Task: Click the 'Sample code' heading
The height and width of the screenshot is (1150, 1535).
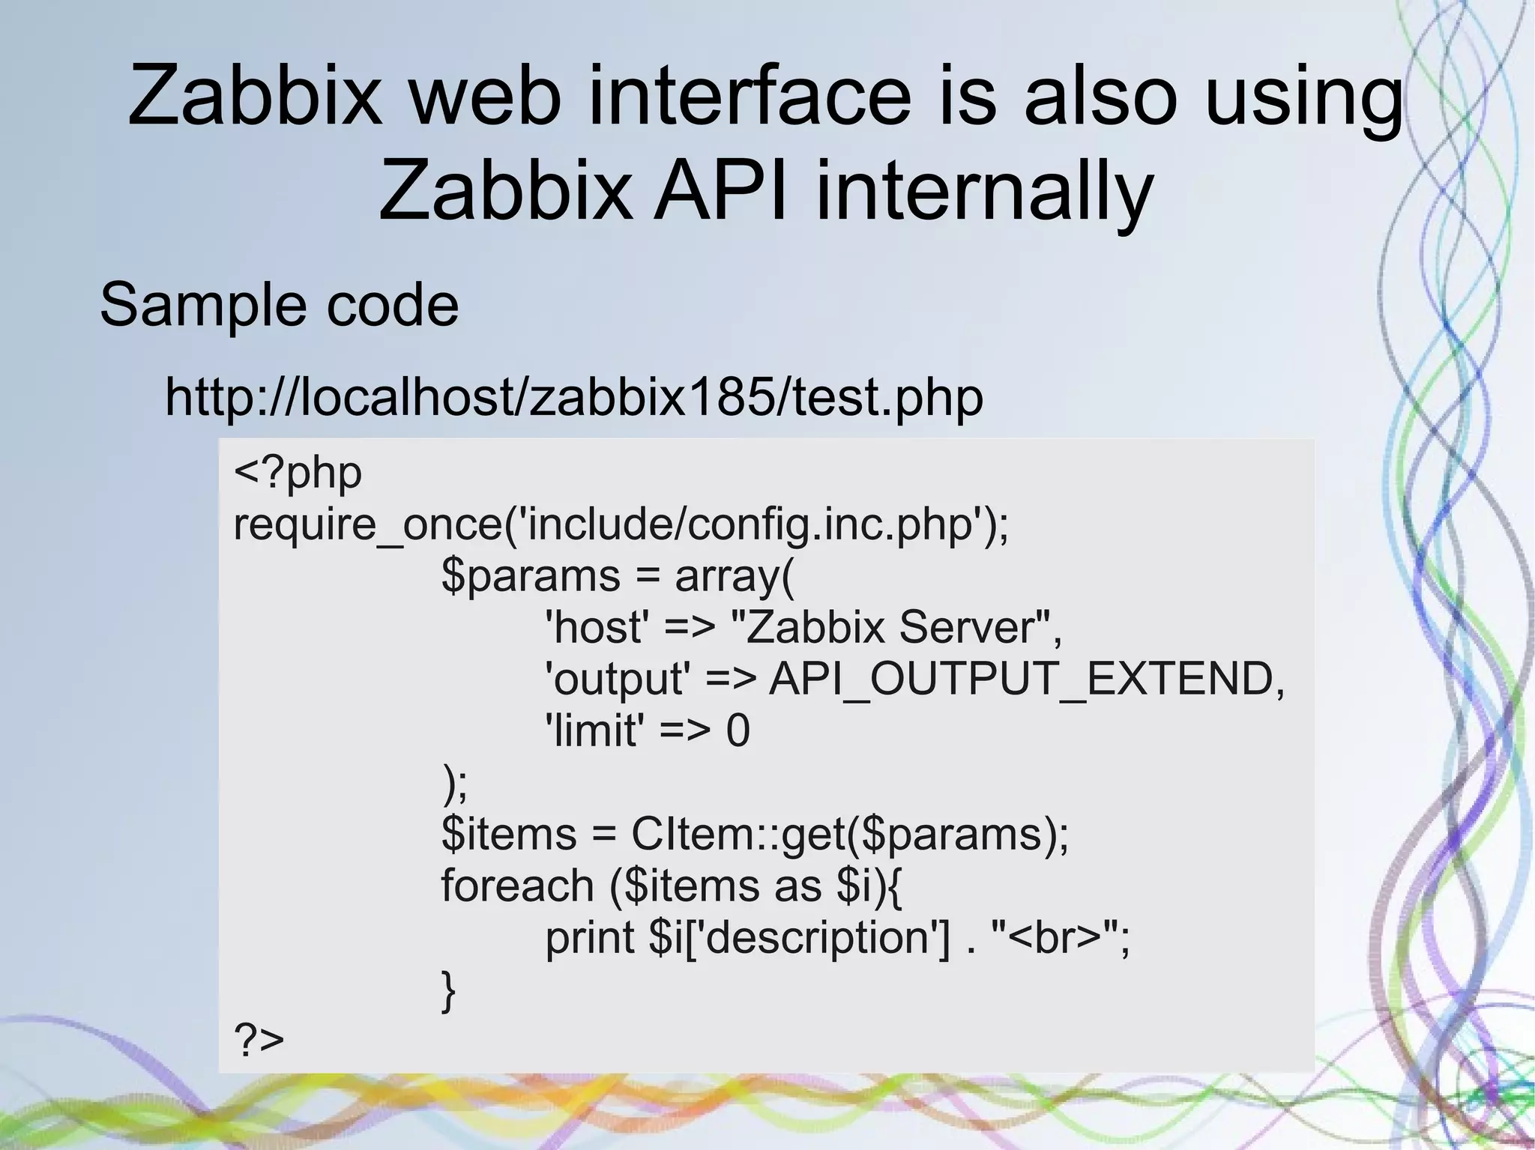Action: (x=279, y=305)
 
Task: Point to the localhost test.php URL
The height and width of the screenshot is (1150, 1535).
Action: (x=573, y=397)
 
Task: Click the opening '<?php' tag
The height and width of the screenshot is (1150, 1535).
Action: (x=298, y=473)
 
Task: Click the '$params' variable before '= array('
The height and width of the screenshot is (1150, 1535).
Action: (x=531, y=576)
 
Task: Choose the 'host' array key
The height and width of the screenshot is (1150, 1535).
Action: (x=597, y=628)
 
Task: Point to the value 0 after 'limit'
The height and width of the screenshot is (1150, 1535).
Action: (x=738, y=730)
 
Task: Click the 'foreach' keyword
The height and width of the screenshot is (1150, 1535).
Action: (x=517, y=886)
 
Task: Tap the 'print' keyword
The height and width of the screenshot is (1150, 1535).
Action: (x=590, y=937)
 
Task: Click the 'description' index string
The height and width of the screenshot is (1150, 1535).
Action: (x=816, y=937)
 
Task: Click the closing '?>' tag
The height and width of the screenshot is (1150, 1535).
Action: (x=259, y=1040)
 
